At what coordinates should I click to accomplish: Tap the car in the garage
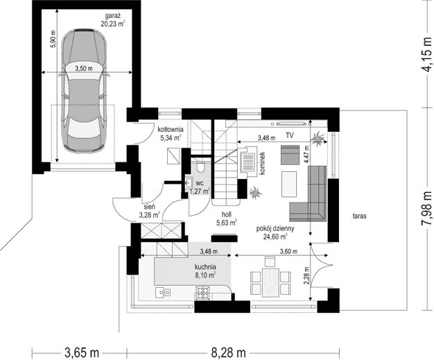tap(84, 91)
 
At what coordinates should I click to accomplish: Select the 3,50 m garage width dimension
tap(84, 69)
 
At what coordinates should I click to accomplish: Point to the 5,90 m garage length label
tap(53, 39)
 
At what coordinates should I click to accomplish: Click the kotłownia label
tap(171, 129)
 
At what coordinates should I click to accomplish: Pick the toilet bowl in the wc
tap(200, 166)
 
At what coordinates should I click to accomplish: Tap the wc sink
tap(189, 182)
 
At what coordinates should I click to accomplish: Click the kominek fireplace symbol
tap(248, 160)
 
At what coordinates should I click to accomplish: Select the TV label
tap(290, 135)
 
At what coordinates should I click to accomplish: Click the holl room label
tap(227, 214)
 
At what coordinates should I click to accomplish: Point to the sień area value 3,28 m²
tap(150, 215)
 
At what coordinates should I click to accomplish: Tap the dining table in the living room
tap(270, 282)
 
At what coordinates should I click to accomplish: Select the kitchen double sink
tap(163, 292)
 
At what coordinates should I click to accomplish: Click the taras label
tap(360, 216)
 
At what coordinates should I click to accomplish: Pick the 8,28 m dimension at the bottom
tap(228, 353)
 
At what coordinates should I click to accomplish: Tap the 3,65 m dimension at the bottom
tap(82, 353)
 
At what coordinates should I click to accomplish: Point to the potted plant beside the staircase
tap(255, 192)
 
